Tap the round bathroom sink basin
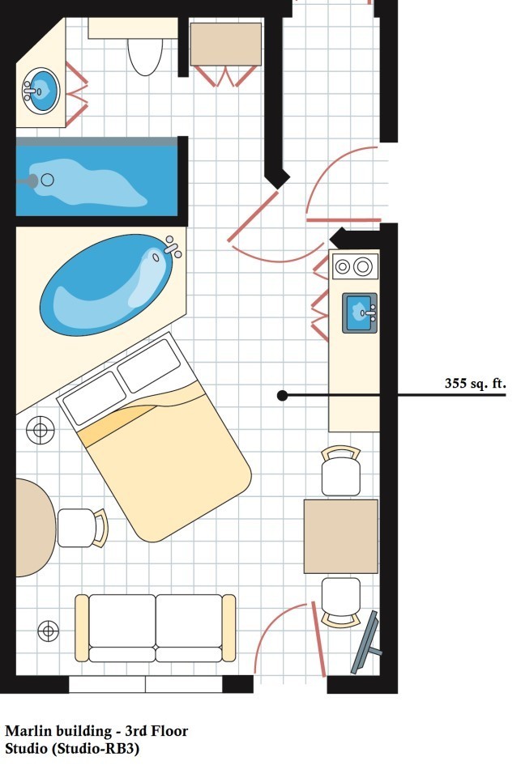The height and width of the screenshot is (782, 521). (41, 91)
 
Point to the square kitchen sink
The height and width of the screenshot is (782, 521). (359, 313)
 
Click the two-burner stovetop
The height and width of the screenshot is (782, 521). (356, 266)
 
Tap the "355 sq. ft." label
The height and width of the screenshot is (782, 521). (475, 384)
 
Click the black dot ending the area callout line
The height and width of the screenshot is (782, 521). (282, 396)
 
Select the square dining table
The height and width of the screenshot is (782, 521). (341, 537)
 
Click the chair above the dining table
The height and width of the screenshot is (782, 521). (341, 470)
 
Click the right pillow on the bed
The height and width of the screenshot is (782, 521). (149, 366)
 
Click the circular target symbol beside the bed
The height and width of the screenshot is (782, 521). (41, 430)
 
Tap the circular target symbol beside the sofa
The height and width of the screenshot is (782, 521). (48, 631)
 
